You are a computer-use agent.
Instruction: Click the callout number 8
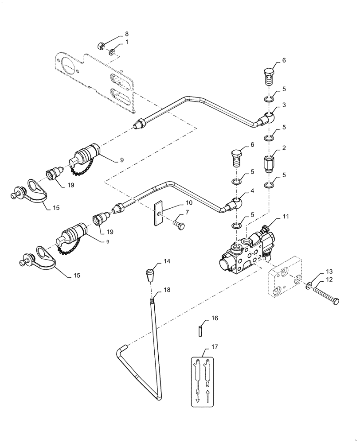pyautogui.click(x=126, y=34)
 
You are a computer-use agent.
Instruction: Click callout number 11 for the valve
pyautogui.click(x=285, y=216)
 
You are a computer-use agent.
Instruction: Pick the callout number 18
pyautogui.click(x=166, y=290)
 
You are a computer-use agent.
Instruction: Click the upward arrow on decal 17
pyautogui.click(x=208, y=395)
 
